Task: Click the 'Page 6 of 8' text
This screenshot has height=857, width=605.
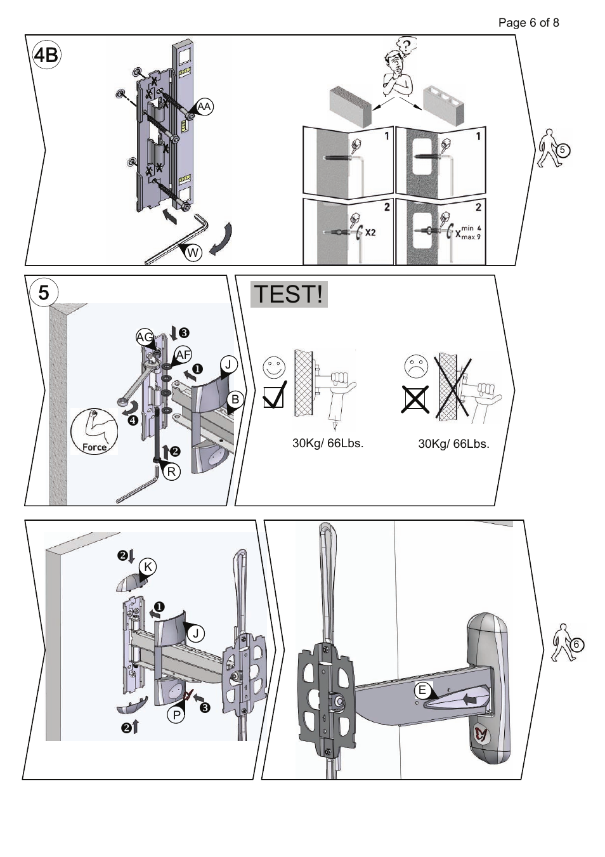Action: [528, 23]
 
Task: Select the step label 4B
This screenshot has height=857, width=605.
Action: [46, 56]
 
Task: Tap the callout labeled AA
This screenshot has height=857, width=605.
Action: [204, 107]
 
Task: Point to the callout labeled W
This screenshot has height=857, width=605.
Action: [193, 252]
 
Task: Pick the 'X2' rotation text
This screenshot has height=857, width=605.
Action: [370, 232]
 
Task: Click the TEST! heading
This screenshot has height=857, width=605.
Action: [289, 294]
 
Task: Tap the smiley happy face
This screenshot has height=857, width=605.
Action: [274, 367]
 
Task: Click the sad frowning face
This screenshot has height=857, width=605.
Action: [415, 367]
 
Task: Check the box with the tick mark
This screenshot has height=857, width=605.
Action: [274, 397]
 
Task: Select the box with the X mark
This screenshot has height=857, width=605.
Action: [415, 400]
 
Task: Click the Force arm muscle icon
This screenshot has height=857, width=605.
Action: [94, 432]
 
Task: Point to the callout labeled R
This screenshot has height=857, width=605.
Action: [171, 471]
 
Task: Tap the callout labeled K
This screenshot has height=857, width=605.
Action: [147, 567]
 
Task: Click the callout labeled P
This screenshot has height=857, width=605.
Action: [176, 715]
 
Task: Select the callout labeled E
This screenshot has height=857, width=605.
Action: [422, 690]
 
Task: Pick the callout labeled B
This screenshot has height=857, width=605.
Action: [235, 399]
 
